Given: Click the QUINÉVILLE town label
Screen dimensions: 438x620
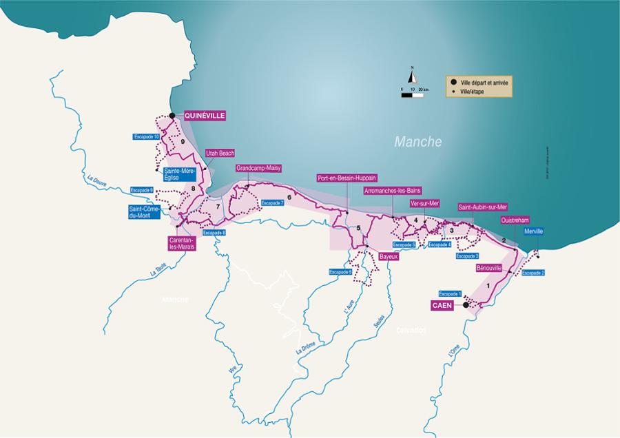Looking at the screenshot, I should (205, 116).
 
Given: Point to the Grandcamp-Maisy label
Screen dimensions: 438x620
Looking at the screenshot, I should (258, 168).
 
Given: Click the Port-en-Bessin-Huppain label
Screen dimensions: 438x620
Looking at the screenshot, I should (347, 178).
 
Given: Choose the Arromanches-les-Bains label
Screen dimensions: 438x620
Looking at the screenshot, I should (392, 190).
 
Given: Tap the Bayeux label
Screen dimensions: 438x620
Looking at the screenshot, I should (389, 256).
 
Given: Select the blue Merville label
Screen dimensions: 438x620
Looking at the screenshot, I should (533, 231).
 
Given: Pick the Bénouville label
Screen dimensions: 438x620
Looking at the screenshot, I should (488, 267).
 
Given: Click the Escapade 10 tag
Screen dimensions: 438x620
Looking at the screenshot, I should (147, 136).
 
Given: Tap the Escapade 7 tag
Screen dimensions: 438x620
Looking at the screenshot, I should (272, 203).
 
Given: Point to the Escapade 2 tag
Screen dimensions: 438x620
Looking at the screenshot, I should (533, 273).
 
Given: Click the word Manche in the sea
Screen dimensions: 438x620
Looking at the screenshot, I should (417, 142).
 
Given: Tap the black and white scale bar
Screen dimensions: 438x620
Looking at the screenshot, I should (412, 95).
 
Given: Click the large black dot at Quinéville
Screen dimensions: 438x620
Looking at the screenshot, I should (172, 116).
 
